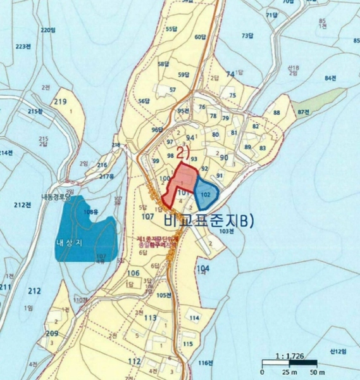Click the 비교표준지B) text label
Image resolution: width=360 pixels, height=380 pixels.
click(x=208, y=220)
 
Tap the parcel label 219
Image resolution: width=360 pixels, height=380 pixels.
click(x=61, y=102)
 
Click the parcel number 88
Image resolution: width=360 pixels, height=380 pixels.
click(x=276, y=113)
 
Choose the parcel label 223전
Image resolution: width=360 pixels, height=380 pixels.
click(x=23, y=47)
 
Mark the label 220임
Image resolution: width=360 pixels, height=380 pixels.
click(x=48, y=30)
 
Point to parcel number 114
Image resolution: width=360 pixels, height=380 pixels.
click(x=194, y=317)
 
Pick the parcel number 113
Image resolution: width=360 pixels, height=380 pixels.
click(x=151, y=318)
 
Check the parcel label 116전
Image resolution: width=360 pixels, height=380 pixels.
click(x=204, y=363)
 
